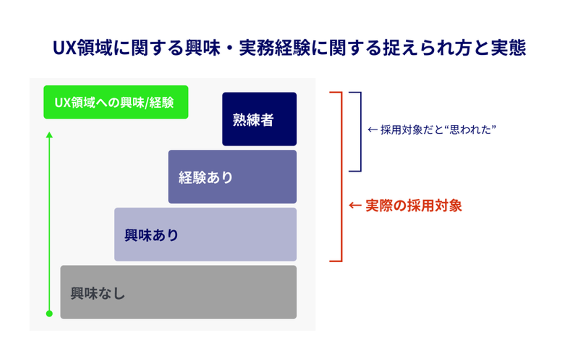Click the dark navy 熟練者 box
point(259,119)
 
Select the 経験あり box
point(232,177)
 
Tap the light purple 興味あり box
point(205,235)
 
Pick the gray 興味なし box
point(179,292)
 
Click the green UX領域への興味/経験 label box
point(116,102)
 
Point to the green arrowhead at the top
point(49,135)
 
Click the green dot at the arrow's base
point(49,314)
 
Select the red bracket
point(341,177)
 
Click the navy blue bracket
point(361,132)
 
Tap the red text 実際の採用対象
point(414,206)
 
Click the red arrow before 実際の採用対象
point(355,206)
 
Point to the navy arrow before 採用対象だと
point(372,130)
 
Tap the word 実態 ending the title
point(508,47)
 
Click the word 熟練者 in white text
point(253,120)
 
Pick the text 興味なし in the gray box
point(98,294)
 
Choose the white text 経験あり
point(206,178)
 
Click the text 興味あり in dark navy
point(152,235)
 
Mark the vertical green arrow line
point(49,224)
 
